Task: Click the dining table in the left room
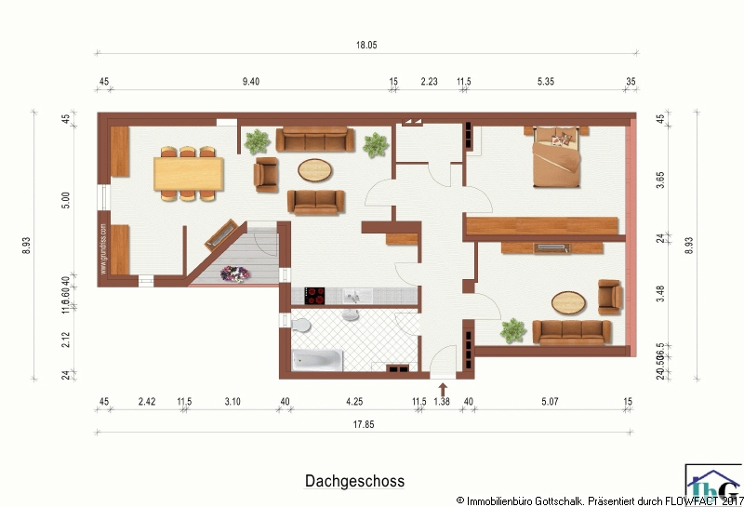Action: (189, 172)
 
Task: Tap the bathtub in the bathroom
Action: (316, 360)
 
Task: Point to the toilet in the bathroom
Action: (300, 326)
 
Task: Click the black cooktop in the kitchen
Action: (312, 296)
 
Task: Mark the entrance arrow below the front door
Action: (443, 390)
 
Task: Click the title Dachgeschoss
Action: (354, 481)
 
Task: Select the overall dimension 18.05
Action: (365, 45)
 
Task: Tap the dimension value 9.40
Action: (250, 82)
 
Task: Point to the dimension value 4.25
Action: (354, 402)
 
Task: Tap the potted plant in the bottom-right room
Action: (511, 329)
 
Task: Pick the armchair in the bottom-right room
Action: (610, 296)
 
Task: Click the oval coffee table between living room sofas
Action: (315, 170)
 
